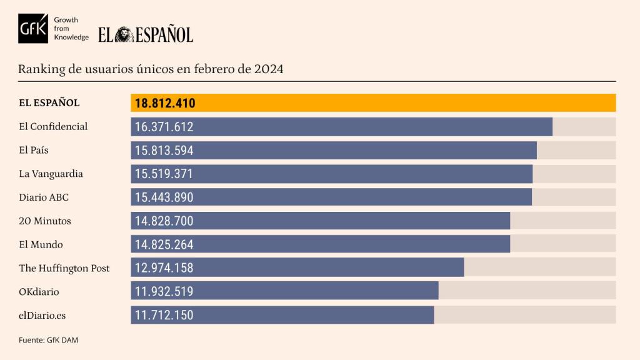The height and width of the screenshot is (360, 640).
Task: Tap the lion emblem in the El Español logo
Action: pos(124,34)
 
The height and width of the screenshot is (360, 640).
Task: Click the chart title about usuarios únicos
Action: pos(151,69)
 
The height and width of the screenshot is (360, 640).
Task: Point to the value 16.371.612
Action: pos(164,127)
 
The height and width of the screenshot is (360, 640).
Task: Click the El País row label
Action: pos(34,150)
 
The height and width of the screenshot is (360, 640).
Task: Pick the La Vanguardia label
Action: pos(51,174)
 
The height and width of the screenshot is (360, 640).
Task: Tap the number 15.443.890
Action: pos(164,197)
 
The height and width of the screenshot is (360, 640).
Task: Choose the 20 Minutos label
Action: pos(45,221)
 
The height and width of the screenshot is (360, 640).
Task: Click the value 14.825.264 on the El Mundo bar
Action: pos(164,244)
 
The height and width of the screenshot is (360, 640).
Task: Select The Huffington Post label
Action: pos(64,268)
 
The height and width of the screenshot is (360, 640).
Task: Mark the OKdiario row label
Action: pos(39,292)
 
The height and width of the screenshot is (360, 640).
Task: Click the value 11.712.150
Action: pos(164,315)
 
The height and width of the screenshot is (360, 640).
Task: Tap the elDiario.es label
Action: pos(42,316)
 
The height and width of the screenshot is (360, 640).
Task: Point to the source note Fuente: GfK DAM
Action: pos(49,340)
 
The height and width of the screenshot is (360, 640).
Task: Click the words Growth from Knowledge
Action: pos(71,29)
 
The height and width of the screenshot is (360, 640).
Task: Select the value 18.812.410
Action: pos(165,103)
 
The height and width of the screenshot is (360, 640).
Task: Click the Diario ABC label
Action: pos(44,197)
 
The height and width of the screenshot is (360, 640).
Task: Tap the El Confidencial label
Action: pos(53,126)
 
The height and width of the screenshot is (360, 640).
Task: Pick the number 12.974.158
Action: pos(164,268)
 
